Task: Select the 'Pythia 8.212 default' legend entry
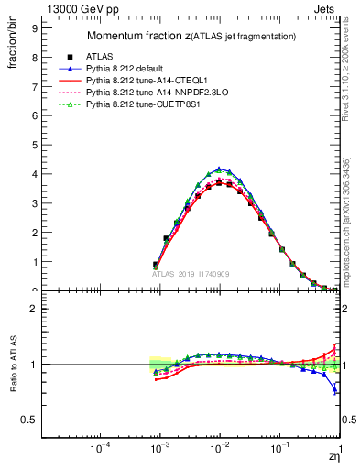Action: click(128, 69)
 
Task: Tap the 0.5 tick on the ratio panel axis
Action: click(30, 420)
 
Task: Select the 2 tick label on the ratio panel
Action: click(34, 309)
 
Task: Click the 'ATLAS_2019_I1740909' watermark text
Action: click(191, 274)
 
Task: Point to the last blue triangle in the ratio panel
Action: click(335, 390)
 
